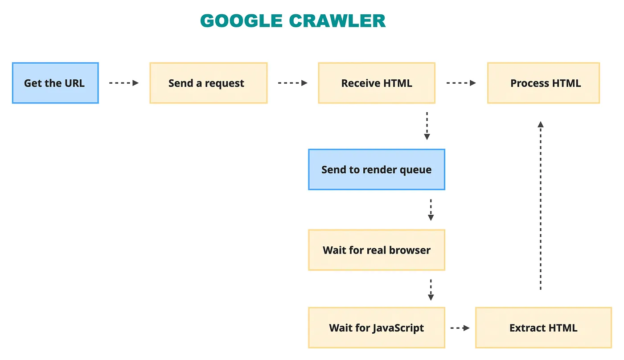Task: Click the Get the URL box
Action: pos(55,83)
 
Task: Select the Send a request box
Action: pos(209,83)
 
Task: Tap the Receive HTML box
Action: pos(377,83)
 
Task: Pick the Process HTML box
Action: pos(543,83)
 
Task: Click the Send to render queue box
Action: pos(377,170)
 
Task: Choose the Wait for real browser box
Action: pos(377,250)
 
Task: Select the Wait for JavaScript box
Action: pos(377,328)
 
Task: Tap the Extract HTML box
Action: pos(543,328)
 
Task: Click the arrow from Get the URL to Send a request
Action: pos(124,83)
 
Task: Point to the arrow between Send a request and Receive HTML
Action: pos(292,83)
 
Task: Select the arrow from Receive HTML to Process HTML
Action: pos(461,83)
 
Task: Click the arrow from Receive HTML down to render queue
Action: pos(427,126)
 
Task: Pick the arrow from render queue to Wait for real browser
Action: pos(431,210)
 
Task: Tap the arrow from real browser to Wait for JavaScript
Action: pos(431,290)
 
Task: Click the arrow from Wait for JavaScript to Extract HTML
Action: pos(460,328)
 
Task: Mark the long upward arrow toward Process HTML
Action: pos(541,205)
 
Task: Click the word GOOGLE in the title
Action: pos(241,21)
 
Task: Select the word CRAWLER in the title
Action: pos(337,21)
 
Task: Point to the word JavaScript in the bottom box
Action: pos(398,328)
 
